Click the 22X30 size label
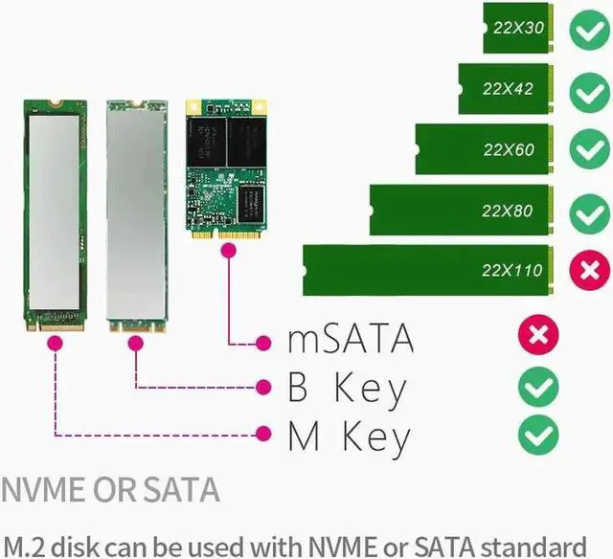click(x=519, y=29)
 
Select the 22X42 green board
click(x=504, y=89)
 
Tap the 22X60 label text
click(x=509, y=150)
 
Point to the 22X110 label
click(x=511, y=271)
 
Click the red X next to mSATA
click(x=538, y=335)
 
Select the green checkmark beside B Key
click(x=538, y=387)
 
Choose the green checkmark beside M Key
click(x=538, y=436)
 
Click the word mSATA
click(x=352, y=339)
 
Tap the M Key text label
click(x=349, y=436)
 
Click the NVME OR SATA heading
click(x=111, y=490)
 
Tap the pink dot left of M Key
click(x=263, y=434)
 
